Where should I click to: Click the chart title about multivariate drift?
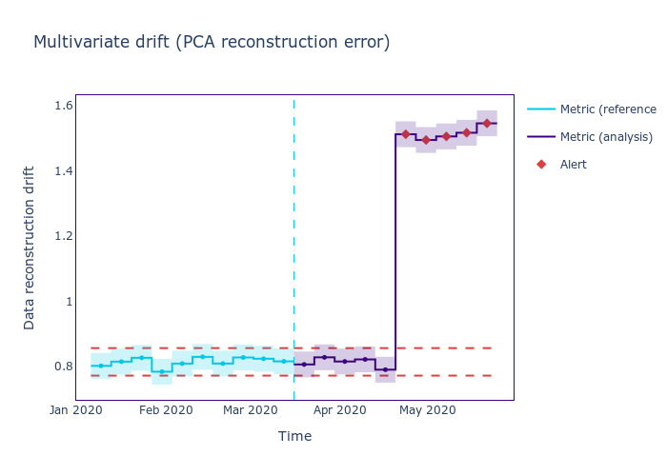point(212,42)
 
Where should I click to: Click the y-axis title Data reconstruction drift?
point(30,248)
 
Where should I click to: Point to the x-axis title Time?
point(294,436)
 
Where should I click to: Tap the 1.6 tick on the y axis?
point(64,105)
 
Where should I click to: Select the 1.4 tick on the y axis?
point(64,170)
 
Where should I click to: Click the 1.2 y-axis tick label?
point(64,236)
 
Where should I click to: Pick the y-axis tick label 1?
point(69,302)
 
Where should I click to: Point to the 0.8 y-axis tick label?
point(64,367)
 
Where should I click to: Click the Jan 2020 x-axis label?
point(76,410)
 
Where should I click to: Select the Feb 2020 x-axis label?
point(166,410)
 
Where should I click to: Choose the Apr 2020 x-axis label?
point(339,410)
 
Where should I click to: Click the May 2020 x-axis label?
point(426,410)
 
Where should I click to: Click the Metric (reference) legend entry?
point(608,109)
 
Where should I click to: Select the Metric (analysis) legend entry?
point(606,137)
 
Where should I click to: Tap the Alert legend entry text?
point(574,165)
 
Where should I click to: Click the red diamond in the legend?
point(541,165)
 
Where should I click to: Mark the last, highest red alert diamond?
point(487,123)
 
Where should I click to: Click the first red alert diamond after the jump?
point(406,134)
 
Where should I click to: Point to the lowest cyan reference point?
point(162,371)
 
